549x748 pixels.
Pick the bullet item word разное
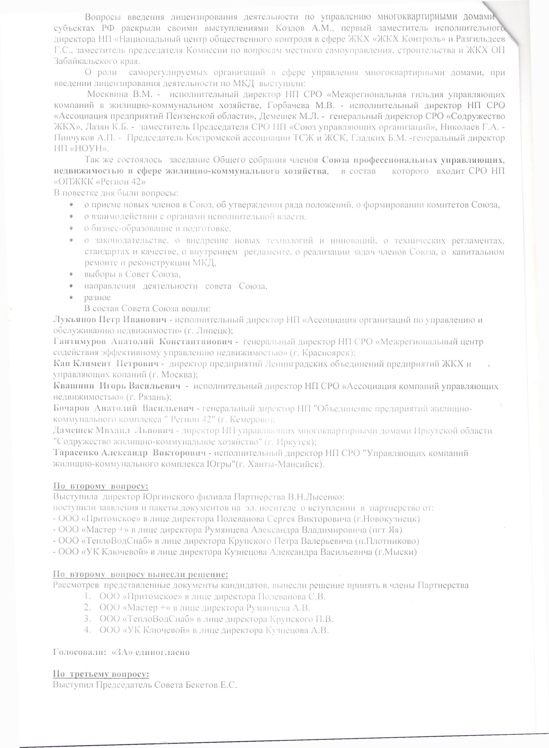pos(97,298)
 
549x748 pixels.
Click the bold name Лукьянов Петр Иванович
pos(110,320)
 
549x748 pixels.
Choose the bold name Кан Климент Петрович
pos(106,364)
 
